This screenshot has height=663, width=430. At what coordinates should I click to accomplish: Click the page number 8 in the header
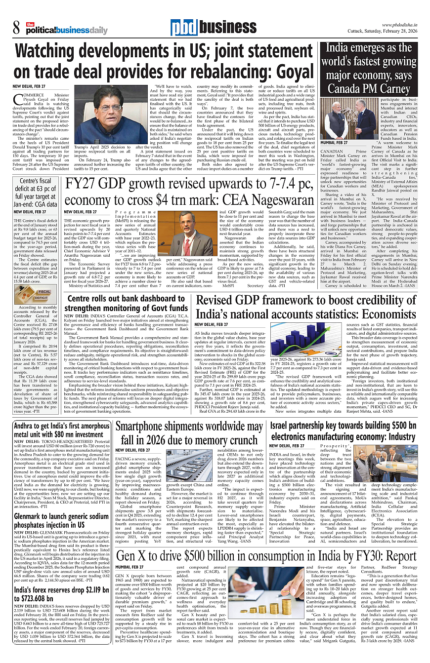pyautogui.click(x=16, y=26)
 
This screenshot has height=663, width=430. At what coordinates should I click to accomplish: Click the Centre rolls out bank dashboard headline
pyautogui.click(x=126, y=303)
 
